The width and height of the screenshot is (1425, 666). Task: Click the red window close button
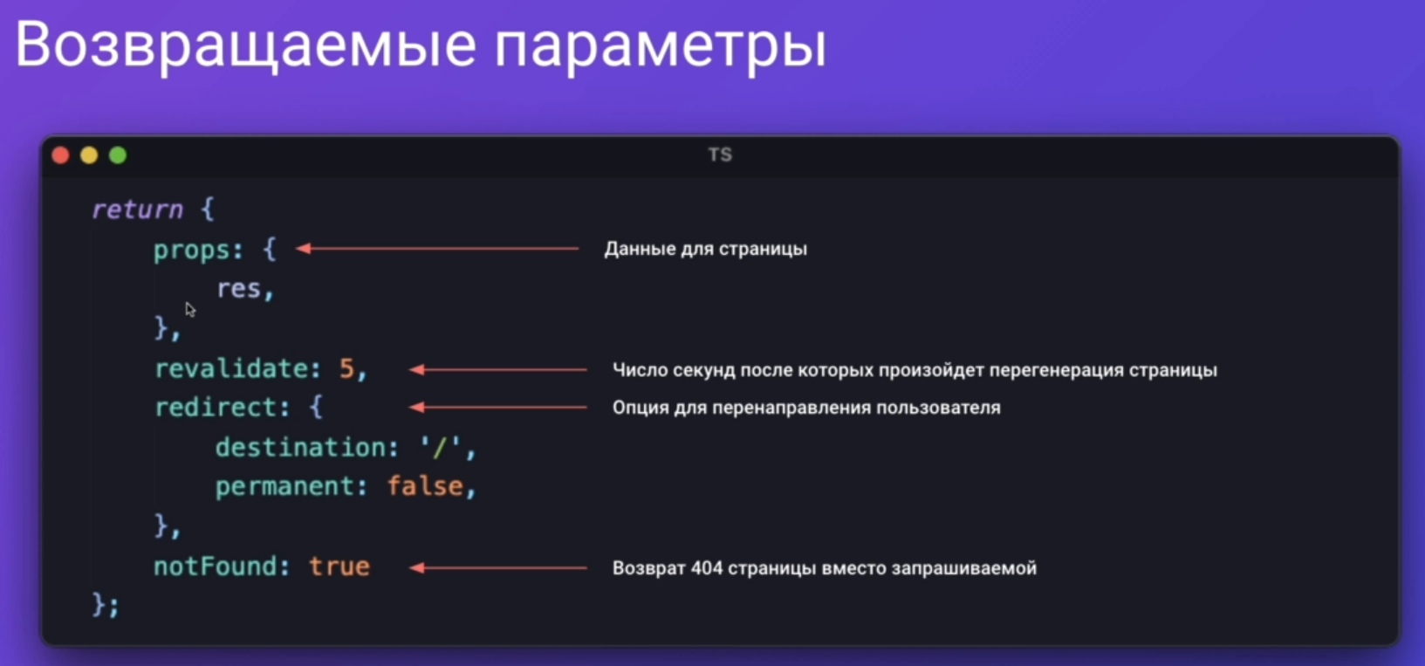tap(60, 155)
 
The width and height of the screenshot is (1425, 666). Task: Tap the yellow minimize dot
tap(89, 155)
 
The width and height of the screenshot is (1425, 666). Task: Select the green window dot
tap(118, 155)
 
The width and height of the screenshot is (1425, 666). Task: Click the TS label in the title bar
tap(720, 154)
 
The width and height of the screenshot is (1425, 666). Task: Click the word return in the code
tap(137, 209)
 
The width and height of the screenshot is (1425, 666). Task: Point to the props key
tap(191, 251)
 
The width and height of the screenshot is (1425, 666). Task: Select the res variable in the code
tap(238, 289)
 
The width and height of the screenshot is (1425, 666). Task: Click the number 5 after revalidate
tap(346, 368)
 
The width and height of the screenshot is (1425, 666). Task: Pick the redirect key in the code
tap(216, 407)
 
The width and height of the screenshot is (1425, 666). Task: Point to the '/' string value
tap(440, 447)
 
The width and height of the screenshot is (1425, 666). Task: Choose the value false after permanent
tap(425, 486)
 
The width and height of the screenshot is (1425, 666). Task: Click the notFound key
tap(216, 566)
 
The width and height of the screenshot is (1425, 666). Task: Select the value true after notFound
tap(339, 566)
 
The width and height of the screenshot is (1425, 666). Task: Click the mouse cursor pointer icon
tap(190, 310)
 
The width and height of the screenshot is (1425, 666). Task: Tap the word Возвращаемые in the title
tap(245, 45)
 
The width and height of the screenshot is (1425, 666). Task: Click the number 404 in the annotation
tap(706, 567)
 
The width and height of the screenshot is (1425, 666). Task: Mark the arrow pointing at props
tap(438, 248)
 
